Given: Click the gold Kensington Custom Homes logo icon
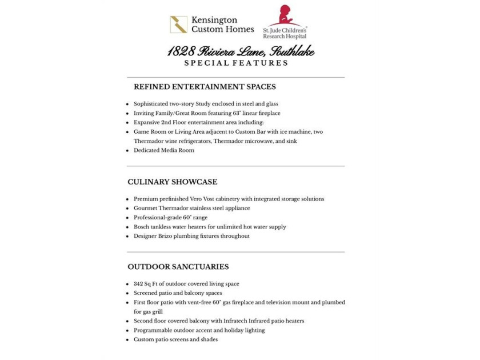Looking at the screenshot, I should tap(178, 25).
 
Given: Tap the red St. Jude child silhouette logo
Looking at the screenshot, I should tap(284, 16).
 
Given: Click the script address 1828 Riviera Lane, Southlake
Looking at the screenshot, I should tap(241, 52).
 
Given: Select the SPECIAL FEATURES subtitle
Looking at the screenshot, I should tap(236, 63).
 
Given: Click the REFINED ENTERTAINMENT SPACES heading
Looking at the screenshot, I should tap(205, 87).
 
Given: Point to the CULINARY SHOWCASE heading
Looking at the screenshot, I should tap(172, 182).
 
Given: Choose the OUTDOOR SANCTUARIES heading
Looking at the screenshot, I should tap(178, 266).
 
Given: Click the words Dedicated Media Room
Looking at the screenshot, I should tap(164, 150).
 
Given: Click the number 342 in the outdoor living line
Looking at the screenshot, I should tap(139, 283).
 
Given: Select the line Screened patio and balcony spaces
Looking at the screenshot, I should tap(178, 293).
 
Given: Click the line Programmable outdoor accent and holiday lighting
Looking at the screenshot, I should tap(199, 330).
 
